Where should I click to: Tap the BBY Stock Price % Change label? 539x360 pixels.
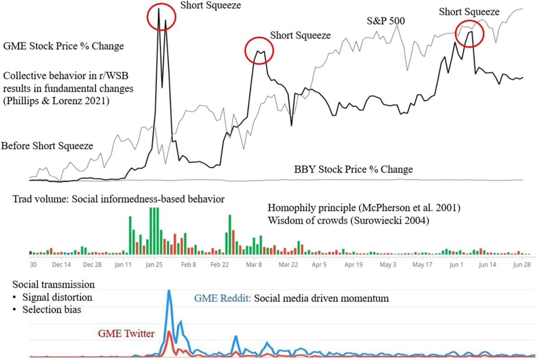click(x=353, y=170)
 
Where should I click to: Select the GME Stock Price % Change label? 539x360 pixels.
click(x=63, y=46)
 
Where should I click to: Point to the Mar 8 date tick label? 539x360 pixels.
click(x=255, y=265)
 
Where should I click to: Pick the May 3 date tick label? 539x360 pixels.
click(x=388, y=265)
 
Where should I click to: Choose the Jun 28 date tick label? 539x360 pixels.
click(x=522, y=265)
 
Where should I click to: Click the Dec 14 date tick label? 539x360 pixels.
click(x=62, y=265)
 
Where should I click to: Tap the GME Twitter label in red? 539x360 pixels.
click(x=126, y=333)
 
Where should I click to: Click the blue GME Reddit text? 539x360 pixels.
click(x=222, y=298)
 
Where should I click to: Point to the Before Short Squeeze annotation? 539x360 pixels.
click(x=47, y=146)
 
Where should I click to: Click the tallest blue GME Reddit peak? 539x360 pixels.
click(x=169, y=292)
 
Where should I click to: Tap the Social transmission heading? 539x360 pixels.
click(x=53, y=284)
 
